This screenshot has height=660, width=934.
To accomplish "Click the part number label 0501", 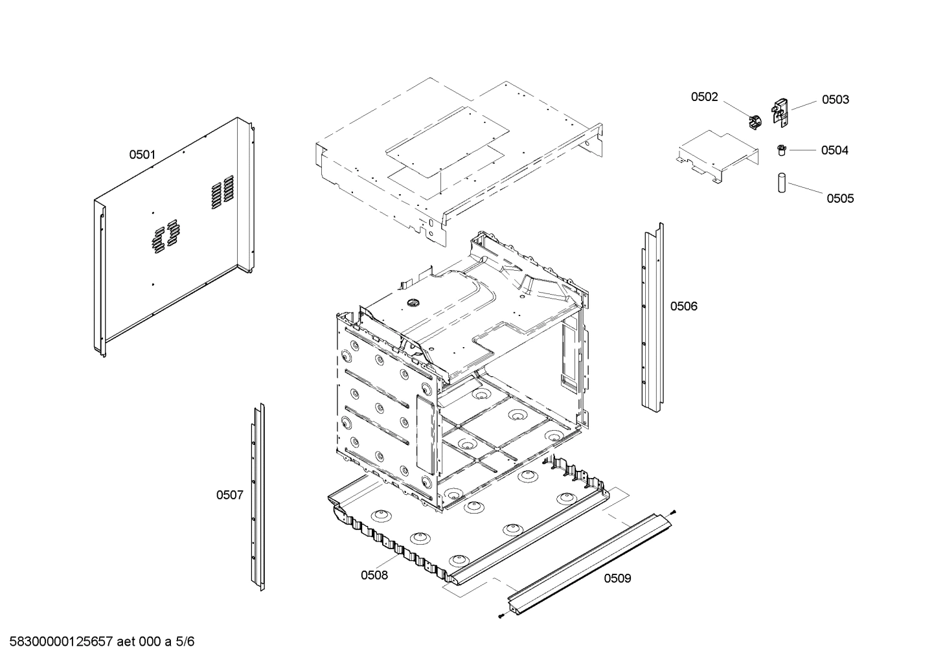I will [142, 155].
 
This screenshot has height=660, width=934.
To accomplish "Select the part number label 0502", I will [704, 97].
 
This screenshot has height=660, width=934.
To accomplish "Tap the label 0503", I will [835, 100].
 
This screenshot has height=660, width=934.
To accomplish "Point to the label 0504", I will [834, 150].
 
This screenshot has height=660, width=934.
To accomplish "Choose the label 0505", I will [839, 199].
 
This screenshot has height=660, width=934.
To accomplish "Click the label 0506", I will [683, 306].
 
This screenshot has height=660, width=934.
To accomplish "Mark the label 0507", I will [229, 495].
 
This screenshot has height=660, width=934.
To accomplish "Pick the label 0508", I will [374, 575].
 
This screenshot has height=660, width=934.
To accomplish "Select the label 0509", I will [617, 578].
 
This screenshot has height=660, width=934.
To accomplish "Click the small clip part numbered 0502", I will [753, 121].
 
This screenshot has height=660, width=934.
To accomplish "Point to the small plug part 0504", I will [782, 150].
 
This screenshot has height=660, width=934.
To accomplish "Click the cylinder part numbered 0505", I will [782, 182].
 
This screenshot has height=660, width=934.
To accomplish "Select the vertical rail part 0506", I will [653, 317].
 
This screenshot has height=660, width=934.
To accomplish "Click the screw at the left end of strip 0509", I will [502, 616].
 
